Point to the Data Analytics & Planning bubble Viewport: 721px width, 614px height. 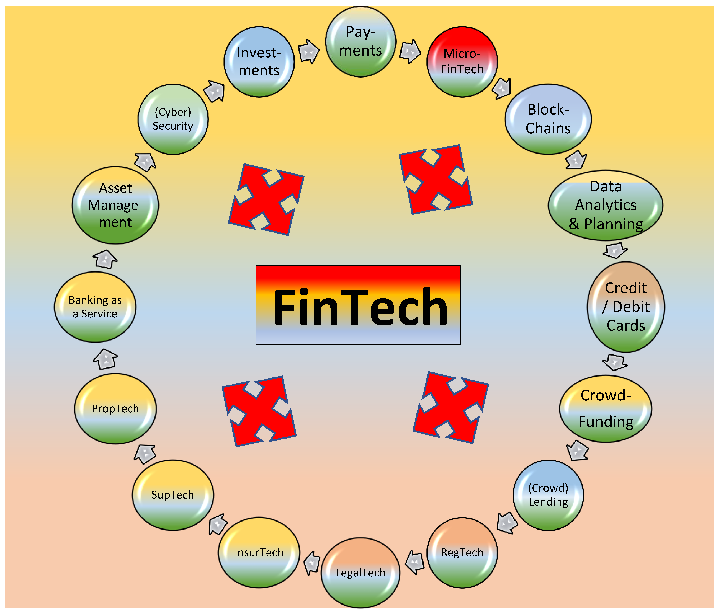click(x=605, y=205)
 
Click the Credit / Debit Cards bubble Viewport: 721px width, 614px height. click(x=626, y=307)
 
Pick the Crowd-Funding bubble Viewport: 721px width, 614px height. click(x=605, y=409)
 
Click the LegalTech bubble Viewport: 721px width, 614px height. click(x=360, y=573)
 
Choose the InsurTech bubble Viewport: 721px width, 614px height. click(x=259, y=552)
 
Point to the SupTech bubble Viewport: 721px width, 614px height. click(x=173, y=495)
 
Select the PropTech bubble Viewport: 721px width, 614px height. click(x=115, y=409)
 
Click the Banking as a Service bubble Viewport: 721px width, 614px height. click(x=95, y=307)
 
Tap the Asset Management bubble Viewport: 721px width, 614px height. click(x=115, y=205)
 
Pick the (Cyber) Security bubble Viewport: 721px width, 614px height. click(x=173, y=119)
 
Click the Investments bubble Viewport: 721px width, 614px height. click(x=259, y=62)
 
